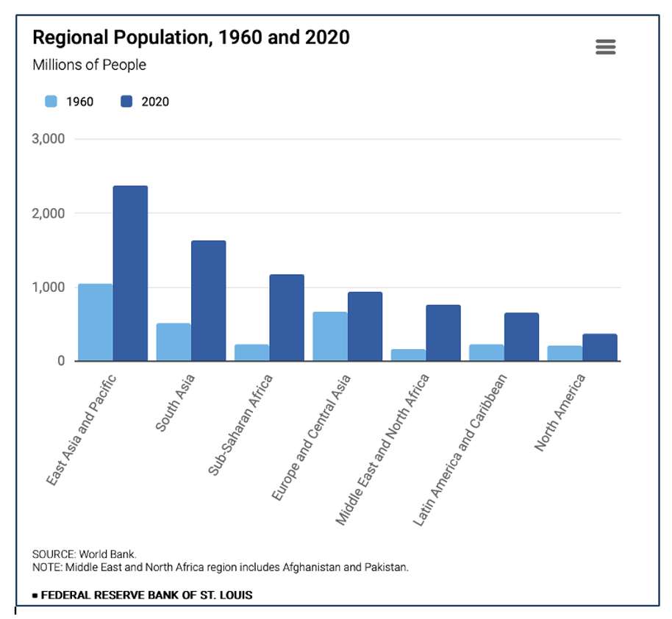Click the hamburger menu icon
pos(605,47)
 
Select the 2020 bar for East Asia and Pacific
pos(130,273)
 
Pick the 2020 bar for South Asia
pos(208,301)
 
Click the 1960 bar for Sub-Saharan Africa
pos(251,353)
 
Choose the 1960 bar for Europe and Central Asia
pos(330,337)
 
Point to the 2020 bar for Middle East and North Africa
pos(443,333)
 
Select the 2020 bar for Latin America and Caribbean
pos(521,337)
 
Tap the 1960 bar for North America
pos(565,354)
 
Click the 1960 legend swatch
pos(51,101)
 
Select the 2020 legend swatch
pos(126,101)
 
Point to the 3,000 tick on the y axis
pos(49,139)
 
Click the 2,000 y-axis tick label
pos(49,213)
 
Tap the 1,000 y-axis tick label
pos(49,287)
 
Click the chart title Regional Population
pos(191,37)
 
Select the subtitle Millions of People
pos(89,65)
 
